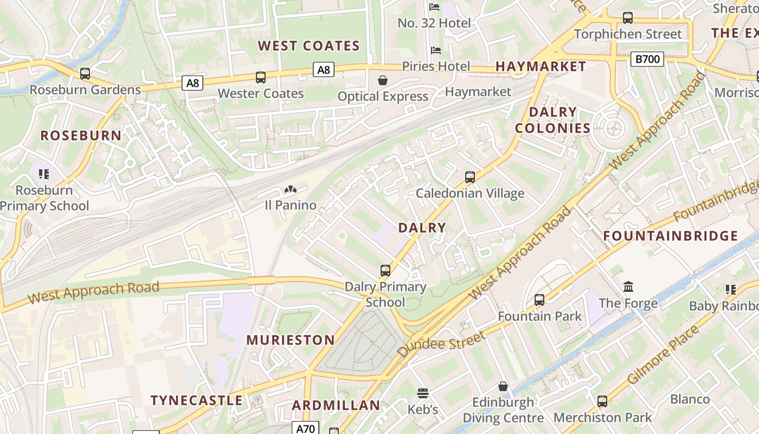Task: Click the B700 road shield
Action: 647,59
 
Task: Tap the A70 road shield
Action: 305,428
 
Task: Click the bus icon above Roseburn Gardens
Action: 85,74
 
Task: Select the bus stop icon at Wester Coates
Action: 261,78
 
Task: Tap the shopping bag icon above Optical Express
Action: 383,81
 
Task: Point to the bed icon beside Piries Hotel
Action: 435,50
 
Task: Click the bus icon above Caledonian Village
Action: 470,177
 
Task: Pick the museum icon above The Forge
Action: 628,287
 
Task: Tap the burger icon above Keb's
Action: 423,393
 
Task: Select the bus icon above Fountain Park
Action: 539,300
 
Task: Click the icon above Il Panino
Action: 291,190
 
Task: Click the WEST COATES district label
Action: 308,46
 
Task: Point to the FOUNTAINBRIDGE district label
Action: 671,236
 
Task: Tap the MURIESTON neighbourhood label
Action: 291,340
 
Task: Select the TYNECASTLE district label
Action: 196,400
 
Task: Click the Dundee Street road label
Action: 442,344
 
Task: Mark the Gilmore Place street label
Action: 663,355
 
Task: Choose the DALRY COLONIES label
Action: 552,120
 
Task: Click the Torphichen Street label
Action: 628,34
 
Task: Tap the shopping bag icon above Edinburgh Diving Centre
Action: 503,387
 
